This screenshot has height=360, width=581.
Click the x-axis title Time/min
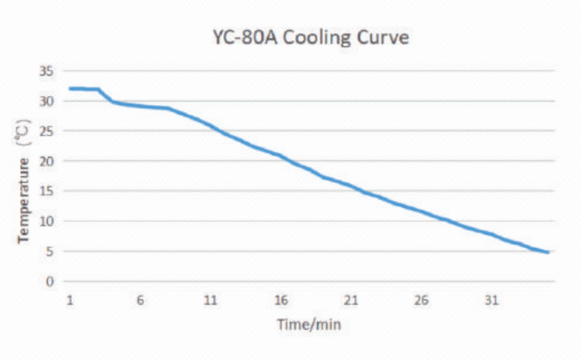click(309, 325)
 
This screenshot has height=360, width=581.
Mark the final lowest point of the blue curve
click(548, 253)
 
